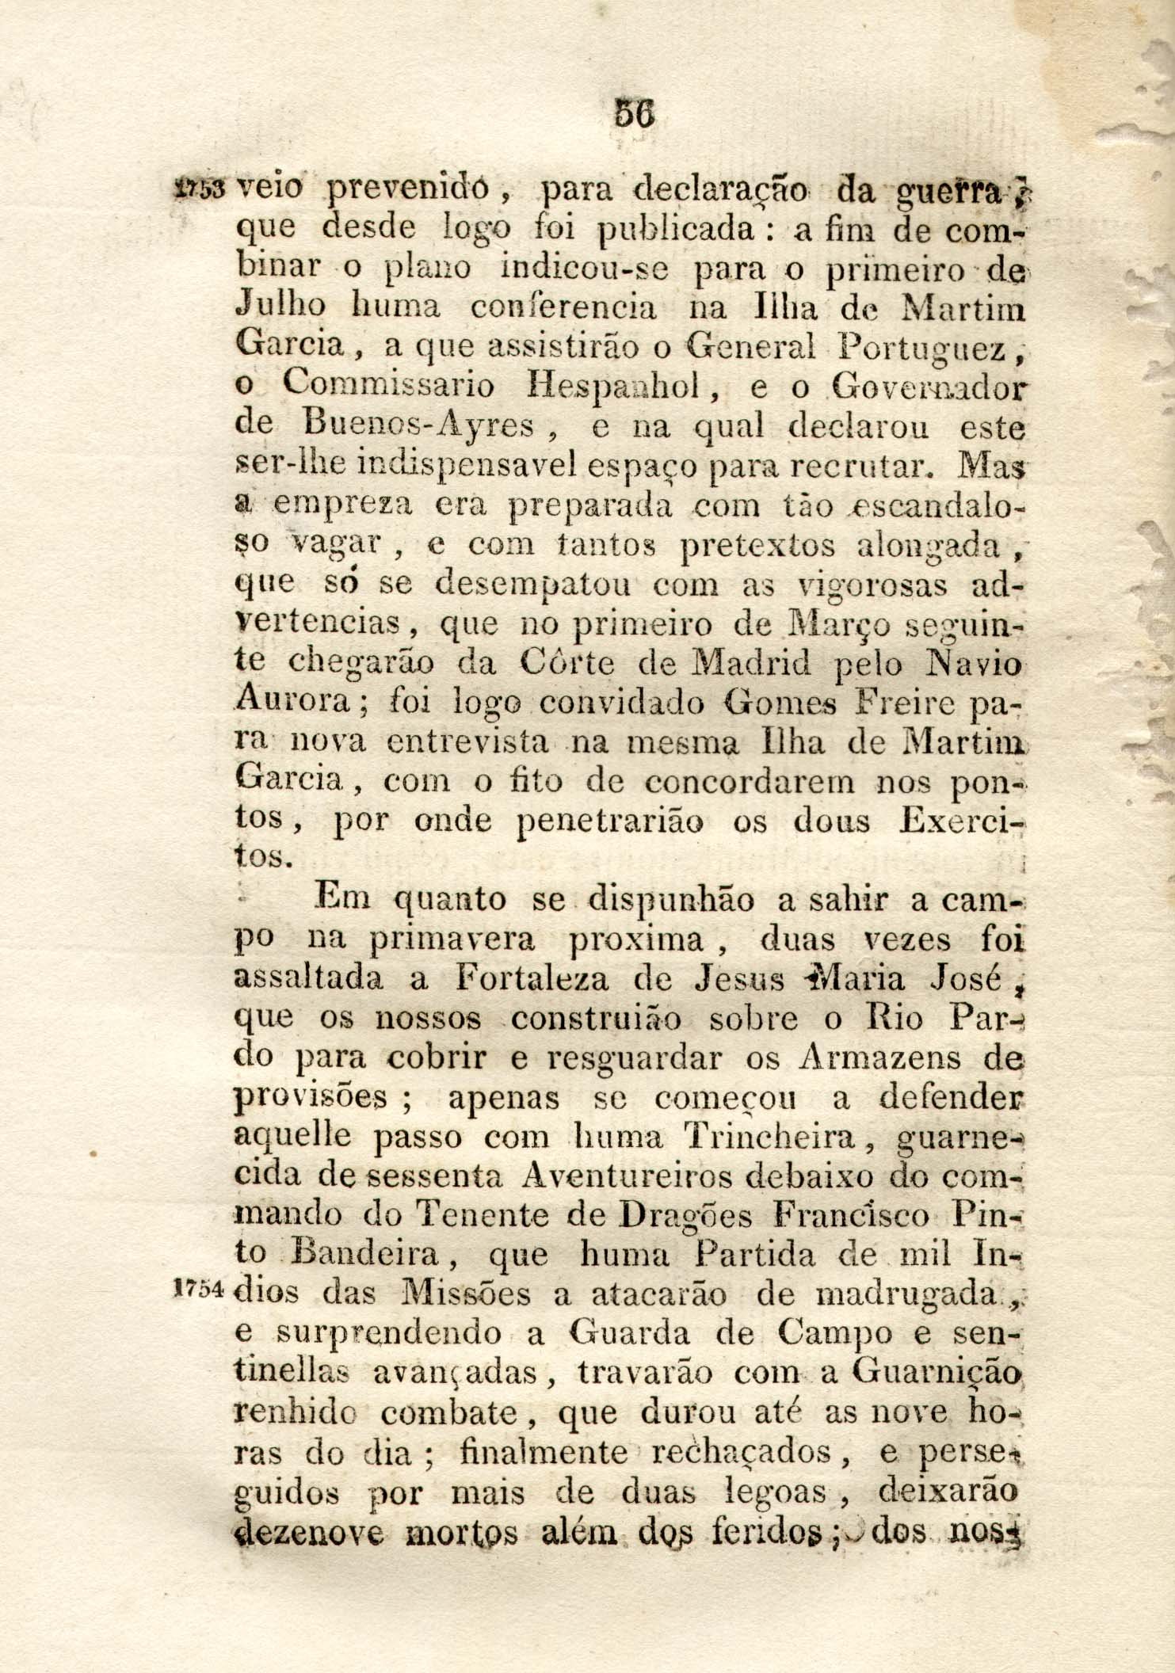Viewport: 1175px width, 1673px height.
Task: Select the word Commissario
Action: coord(388,386)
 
